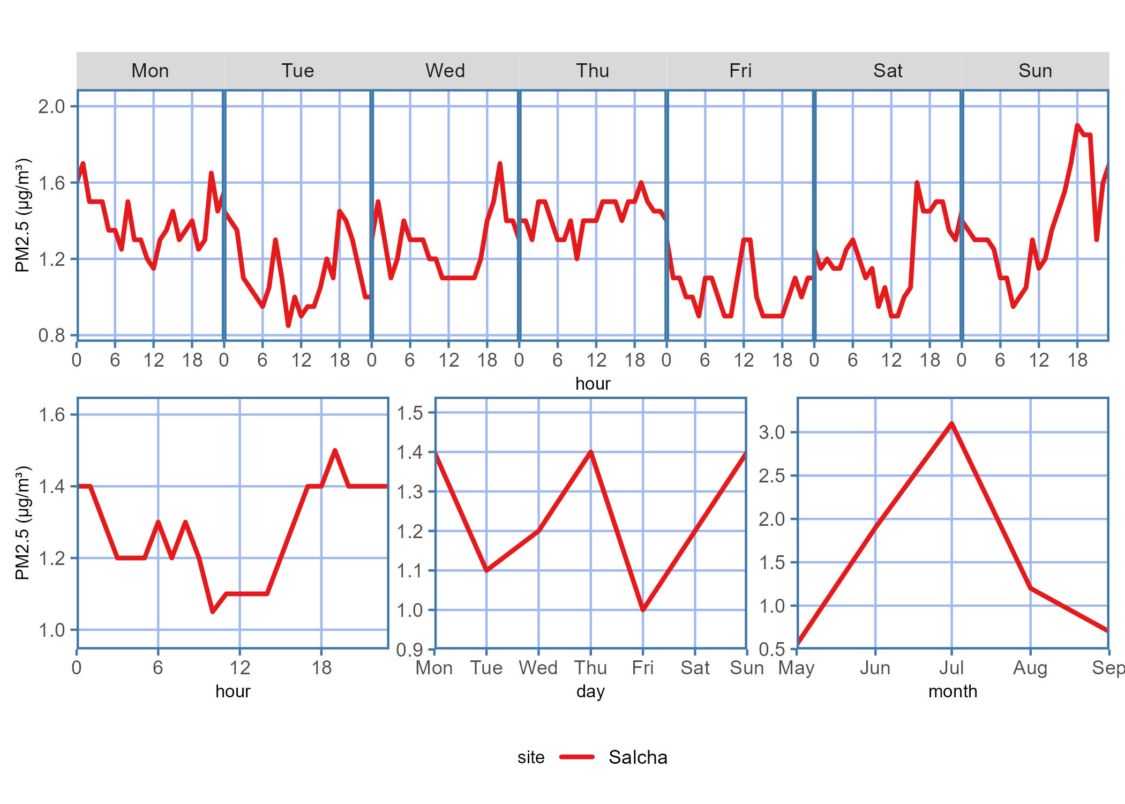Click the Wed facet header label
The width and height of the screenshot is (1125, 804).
coord(445,71)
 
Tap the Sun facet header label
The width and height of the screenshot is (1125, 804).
coord(1035,71)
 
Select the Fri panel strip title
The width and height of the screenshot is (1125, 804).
coord(740,71)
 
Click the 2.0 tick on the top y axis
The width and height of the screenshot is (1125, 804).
coord(51,107)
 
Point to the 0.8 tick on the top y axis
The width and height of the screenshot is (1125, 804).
coord(51,336)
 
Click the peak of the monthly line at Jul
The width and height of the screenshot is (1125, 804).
coord(951,424)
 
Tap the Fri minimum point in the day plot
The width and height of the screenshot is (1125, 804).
coord(643,610)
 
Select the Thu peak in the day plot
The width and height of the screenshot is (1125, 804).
coord(591,452)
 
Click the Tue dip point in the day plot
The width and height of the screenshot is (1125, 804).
coord(486,570)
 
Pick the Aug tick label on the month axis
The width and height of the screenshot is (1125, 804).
coord(1030,668)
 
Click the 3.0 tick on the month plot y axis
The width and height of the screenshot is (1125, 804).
coord(771,432)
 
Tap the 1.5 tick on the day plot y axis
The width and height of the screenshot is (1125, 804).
coord(410,413)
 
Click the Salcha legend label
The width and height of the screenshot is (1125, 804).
coord(637,757)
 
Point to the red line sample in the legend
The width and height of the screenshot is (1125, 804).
coord(576,757)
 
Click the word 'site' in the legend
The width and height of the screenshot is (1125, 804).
coord(530,757)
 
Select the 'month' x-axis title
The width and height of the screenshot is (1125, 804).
coord(952,691)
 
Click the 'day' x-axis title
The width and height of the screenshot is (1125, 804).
coord(590,691)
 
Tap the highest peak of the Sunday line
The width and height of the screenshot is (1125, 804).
coord(1077,125)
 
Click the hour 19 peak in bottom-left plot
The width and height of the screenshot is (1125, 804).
coord(335,451)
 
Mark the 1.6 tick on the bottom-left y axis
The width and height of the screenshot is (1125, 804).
coord(51,415)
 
